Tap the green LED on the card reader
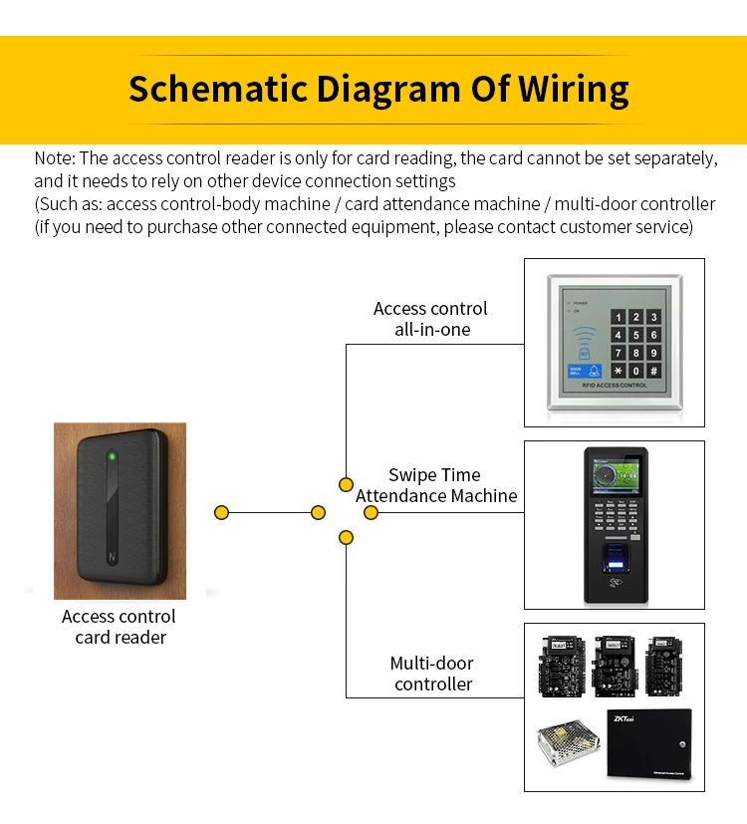click(113, 457)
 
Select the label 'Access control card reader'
click(120, 627)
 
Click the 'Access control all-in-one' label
click(430, 319)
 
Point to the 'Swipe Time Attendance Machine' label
click(436, 485)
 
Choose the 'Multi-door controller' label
click(432, 674)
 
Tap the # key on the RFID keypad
click(653, 371)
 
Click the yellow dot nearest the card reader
click(222, 512)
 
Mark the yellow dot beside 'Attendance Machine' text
click(371, 512)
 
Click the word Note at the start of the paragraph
click(54, 158)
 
